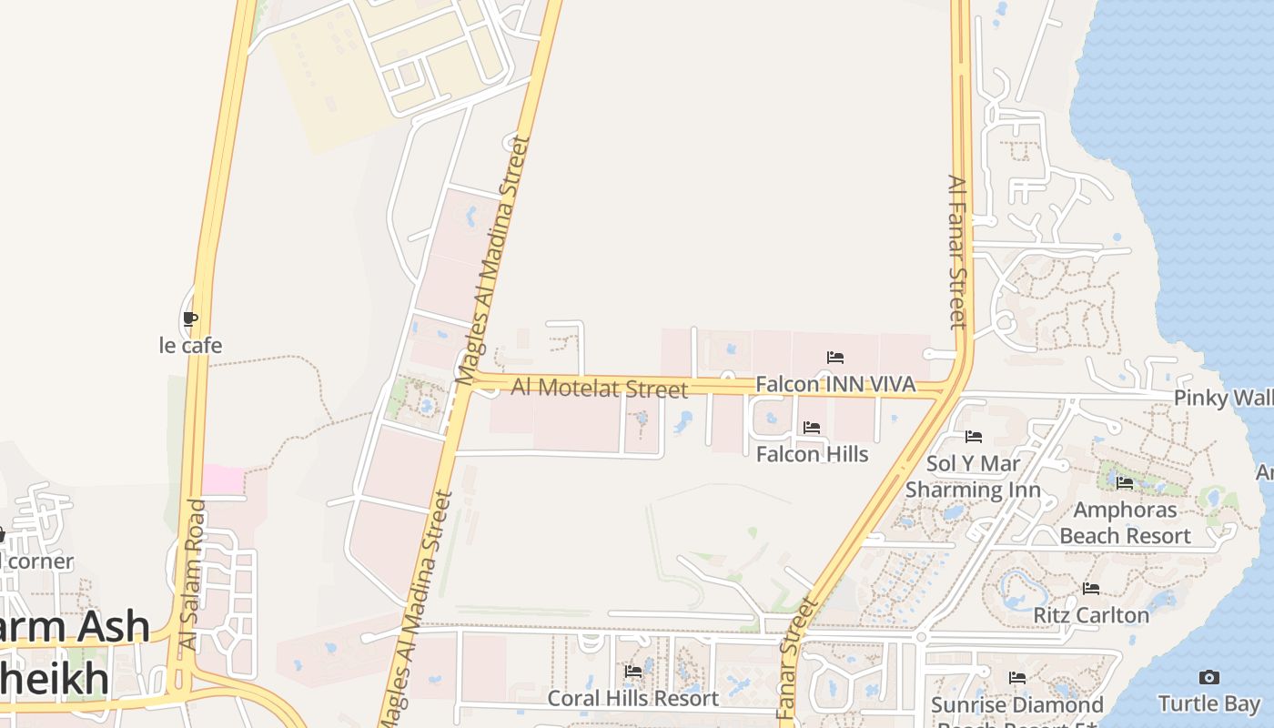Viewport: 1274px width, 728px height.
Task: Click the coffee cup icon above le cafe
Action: (x=189, y=319)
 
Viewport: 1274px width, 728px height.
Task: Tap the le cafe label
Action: (x=190, y=346)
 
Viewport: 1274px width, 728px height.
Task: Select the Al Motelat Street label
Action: (x=599, y=388)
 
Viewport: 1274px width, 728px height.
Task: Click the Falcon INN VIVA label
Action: (x=835, y=384)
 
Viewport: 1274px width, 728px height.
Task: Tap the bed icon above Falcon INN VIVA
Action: (x=835, y=358)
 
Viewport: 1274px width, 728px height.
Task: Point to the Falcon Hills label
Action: (x=812, y=454)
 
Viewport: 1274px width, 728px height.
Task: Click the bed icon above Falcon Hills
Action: (x=812, y=428)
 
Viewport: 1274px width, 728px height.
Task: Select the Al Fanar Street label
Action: (x=956, y=252)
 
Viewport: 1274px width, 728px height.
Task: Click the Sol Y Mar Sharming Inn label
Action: (x=973, y=477)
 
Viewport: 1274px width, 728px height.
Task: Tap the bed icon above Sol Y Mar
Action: (x=974, y=438)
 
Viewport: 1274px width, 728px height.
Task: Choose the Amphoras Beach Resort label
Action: (x=1125, y=522)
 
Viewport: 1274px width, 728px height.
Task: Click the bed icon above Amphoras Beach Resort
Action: (x=1125, y=483)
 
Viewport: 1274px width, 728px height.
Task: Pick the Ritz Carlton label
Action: (x=1091, y=615)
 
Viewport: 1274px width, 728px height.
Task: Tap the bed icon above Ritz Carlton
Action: (x=1091, y=589)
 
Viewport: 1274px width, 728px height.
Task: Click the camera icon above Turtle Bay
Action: (x=1208, y=677)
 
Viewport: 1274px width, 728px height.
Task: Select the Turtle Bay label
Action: (x=1208, y=703)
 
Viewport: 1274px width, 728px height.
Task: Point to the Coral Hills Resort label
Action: (x=632, y=698)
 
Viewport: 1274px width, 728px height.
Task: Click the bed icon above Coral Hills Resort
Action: (x=633, y=672)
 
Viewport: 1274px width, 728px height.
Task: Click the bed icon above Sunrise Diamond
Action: (x=1017, y=678)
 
